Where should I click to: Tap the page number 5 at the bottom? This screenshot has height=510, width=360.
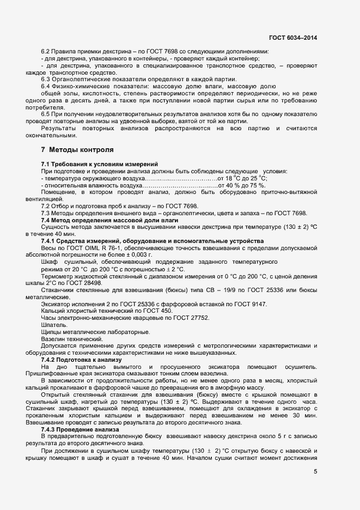[315, 471]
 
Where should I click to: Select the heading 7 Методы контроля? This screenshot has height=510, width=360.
[77, 149]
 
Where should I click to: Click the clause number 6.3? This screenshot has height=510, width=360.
[46, 79]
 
